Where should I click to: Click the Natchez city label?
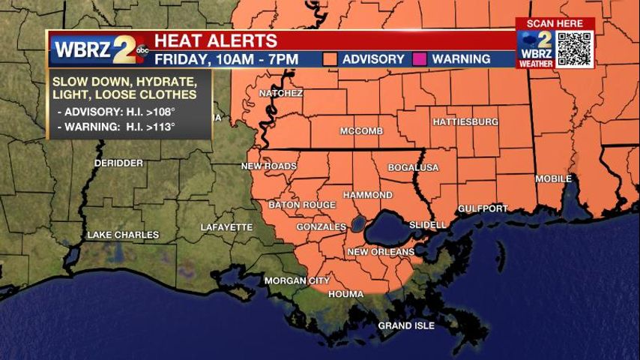(280, 94)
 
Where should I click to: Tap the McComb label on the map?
(361, 131)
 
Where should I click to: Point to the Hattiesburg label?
(465, 121)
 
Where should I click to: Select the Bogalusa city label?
(413, 168)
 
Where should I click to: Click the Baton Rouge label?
(302, 205)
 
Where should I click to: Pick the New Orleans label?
(381, 252)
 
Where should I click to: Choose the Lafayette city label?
(226, 227)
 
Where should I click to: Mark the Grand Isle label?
(405, 326)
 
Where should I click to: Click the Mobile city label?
(553, 179)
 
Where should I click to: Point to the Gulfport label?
(482, 208)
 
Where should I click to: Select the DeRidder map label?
(118, 163)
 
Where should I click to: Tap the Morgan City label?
(297, 281)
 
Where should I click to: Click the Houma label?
(345, 295)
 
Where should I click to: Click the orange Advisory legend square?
(329, 58)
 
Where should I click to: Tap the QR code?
(575, 49)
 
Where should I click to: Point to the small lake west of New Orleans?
(357, 223)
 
